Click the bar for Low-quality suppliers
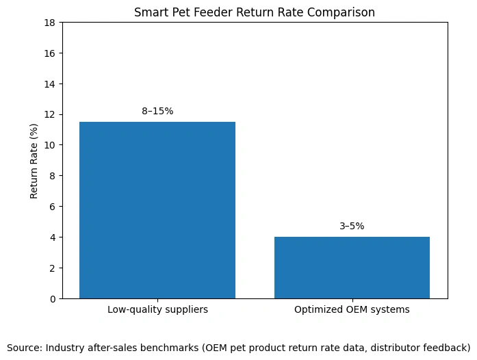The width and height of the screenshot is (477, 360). (x=157, y=210)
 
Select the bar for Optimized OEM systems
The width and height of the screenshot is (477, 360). (x=352, y=268)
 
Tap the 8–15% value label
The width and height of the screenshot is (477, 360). (x=157, y=111)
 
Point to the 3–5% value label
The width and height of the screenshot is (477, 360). (x=352, y=226)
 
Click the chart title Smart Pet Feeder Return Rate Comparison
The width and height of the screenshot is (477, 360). (x=255, y=12)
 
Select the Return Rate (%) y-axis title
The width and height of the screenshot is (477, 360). (x=34, y=161)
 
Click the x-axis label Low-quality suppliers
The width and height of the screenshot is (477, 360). (x=157, y=309)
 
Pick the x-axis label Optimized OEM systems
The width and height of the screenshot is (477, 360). (x=352, y=309)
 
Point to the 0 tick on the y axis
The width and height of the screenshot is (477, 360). (x=53, y=299)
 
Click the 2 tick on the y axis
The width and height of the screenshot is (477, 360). (x=53, y=268)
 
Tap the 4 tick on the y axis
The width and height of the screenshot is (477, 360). (x=53, y=237)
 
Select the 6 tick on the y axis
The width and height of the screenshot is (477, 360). (x=53, y=207)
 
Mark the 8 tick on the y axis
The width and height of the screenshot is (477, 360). (x=53, y=176)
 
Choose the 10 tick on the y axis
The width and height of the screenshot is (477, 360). (x=51, y=145)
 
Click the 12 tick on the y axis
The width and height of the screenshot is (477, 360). (x=51, y=114)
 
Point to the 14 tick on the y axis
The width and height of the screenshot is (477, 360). (x=51, y=83)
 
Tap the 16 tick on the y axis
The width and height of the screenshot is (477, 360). (x=51, y=53)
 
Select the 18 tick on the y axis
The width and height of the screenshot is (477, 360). (x=51, y=23)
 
